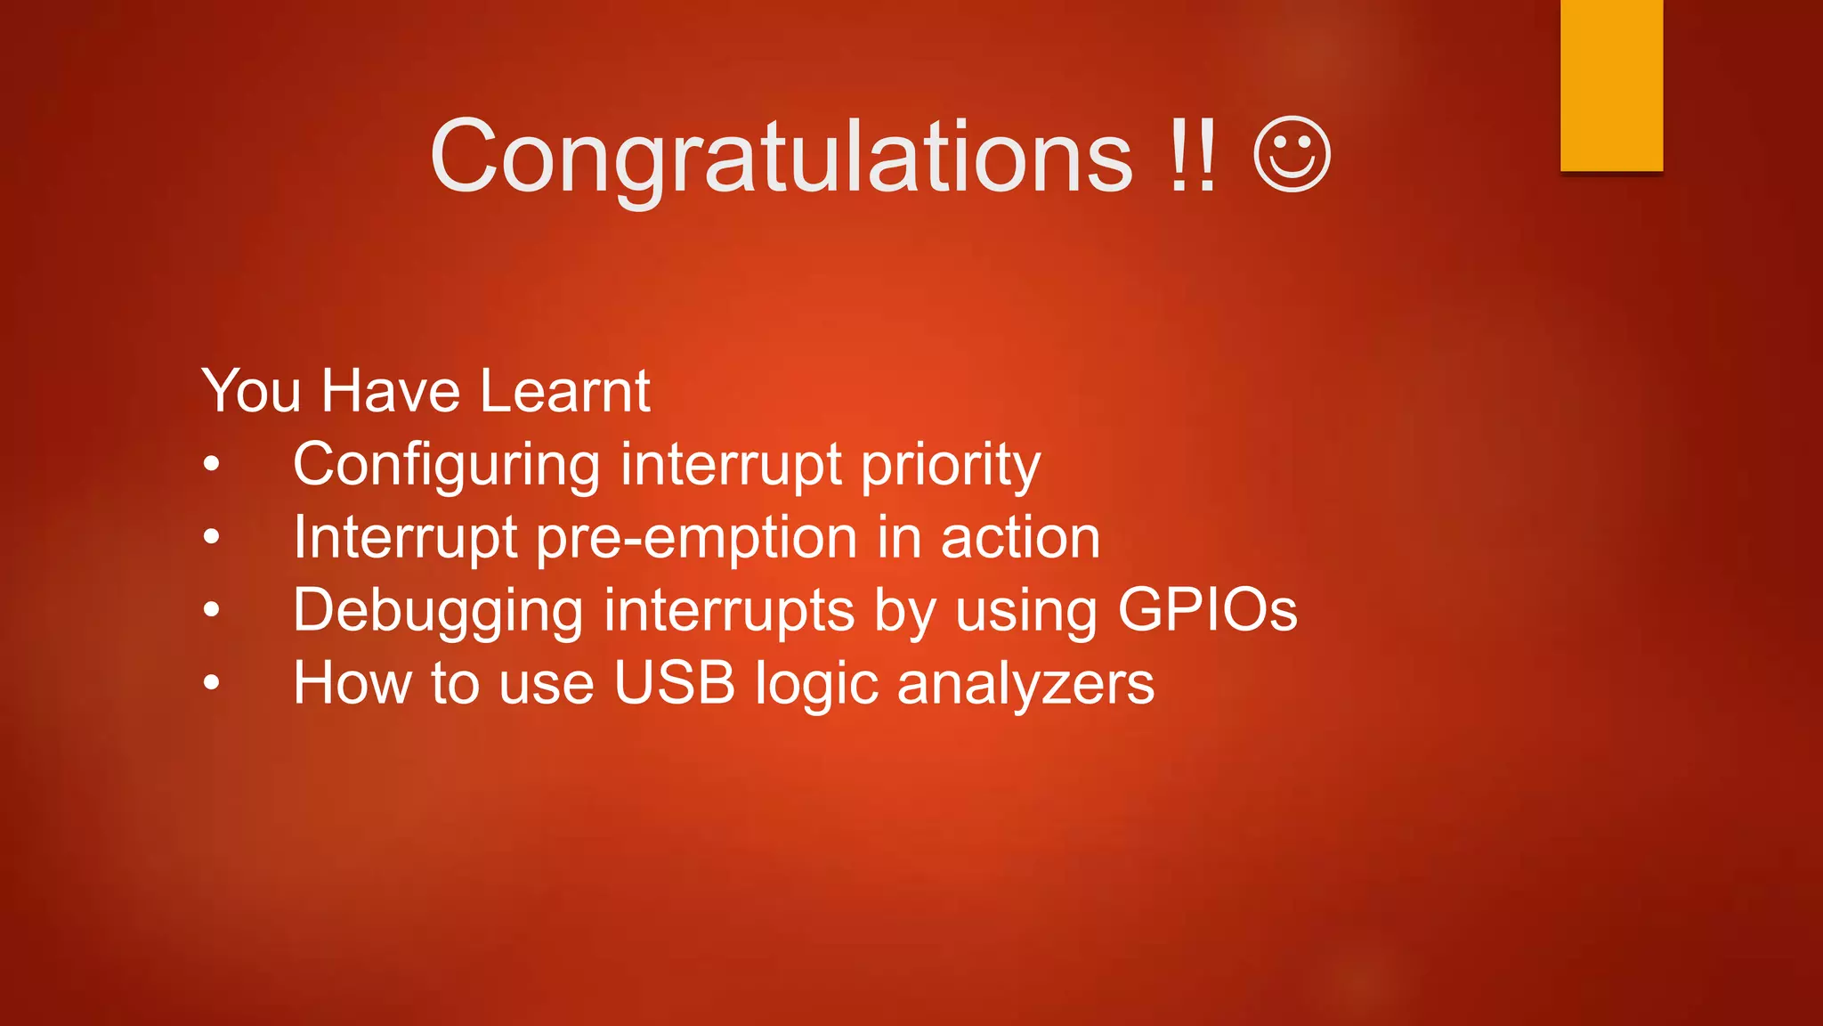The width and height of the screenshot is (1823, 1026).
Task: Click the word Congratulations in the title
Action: [782, 158]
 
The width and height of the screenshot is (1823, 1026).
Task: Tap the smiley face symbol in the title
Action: [1292, 155]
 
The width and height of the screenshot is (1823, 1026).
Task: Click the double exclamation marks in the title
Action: [1192, 158]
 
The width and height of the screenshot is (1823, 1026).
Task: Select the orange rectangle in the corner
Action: [1611, 85]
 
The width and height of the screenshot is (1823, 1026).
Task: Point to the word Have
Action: [390, 391]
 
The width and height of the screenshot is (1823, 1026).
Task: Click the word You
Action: [251, 391]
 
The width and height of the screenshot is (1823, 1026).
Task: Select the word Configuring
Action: [447, 466]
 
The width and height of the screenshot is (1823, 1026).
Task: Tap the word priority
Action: [950, 466]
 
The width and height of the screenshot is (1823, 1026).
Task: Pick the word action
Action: [1020, 539]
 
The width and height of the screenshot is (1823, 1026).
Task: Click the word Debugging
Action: [438, 612]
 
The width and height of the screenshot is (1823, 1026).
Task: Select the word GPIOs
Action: [1207, 610]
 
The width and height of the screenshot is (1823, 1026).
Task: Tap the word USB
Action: [675, 683]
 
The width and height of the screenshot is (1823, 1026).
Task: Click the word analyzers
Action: [1025, 685]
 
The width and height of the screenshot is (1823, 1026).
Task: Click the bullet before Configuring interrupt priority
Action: [211, 465]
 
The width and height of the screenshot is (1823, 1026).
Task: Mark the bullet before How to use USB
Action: [211, 683]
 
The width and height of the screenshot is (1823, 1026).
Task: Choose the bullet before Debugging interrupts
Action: [211, 610]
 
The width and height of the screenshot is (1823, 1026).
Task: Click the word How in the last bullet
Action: [352, 683]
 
